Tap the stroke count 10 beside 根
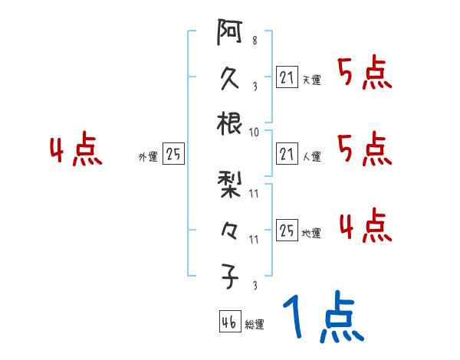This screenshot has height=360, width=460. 255,132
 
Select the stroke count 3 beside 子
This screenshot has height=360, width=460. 255,286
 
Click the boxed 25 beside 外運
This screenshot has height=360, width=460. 173,154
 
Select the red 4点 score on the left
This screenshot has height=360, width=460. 75,150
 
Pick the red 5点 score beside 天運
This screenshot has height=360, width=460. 364,74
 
